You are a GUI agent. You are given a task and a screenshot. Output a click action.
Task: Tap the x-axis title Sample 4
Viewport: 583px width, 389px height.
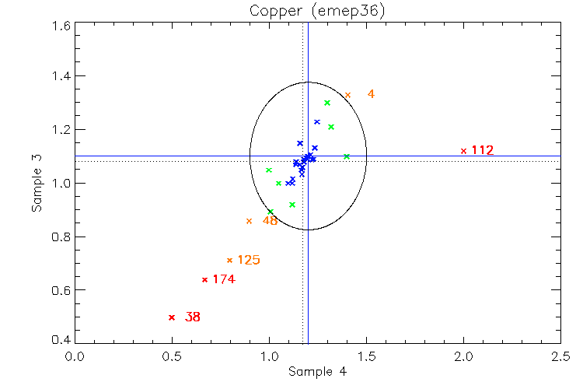(x=316, y=372)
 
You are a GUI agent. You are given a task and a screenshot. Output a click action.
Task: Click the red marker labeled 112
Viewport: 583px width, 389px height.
(x=463, y=151)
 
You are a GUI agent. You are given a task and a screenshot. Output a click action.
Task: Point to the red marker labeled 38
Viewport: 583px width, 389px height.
(x=172, y=317)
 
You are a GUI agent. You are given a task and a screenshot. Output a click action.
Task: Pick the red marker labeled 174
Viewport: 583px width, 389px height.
(x=204, y=280)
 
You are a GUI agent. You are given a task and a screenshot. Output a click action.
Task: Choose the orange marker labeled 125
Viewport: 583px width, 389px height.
(x=229, y=260)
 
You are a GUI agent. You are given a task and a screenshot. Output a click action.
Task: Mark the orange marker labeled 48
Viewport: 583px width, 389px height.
(x=249, y=221)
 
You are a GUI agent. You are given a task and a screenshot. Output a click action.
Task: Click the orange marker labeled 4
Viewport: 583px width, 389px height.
(x=347, y=95)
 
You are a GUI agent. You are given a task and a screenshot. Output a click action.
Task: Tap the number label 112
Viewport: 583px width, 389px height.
(x=482, y=150)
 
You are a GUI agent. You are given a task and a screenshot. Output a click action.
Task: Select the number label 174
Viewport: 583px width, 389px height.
(x=224, y=279)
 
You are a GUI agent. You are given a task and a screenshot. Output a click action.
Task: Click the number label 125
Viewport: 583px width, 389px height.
(x=249, y=260)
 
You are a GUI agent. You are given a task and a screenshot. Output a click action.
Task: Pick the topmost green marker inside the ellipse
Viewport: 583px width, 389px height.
(x=327, y=103)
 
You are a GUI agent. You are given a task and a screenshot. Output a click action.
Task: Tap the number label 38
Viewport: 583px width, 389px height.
(x=193, y=317)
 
